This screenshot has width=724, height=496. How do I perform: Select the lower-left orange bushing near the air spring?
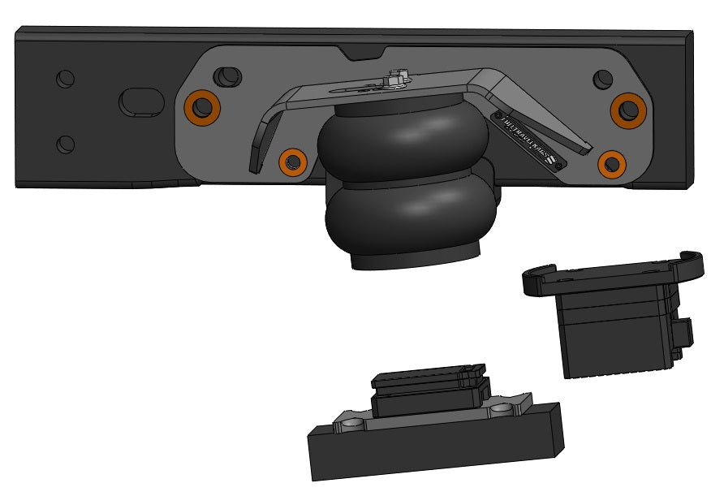(x=291, y=162)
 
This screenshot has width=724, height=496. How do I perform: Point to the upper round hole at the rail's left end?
(x=65, y=79)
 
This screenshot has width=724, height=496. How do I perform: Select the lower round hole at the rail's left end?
(x=65, y=144)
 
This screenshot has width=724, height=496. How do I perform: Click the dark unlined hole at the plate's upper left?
(x=226, y=76)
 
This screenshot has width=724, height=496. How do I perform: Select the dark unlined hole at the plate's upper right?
(x=602, y=79)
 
